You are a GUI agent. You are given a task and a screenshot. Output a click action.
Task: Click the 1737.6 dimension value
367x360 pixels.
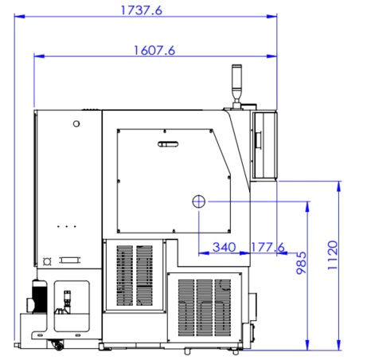141,10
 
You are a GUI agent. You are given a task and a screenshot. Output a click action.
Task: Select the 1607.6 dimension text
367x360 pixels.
154,50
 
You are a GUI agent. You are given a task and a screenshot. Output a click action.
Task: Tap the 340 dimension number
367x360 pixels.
224,247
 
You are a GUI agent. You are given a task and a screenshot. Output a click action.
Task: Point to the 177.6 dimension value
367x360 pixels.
267,247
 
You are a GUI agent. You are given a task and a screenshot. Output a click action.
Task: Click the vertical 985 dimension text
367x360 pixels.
302,263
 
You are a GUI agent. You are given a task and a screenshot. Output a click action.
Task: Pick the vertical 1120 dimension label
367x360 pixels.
333,256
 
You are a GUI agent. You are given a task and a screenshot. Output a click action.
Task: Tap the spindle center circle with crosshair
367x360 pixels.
199,202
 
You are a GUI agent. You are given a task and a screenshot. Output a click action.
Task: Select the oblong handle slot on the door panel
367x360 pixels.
168,144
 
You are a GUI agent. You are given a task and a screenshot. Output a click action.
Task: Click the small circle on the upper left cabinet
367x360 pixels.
76,123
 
